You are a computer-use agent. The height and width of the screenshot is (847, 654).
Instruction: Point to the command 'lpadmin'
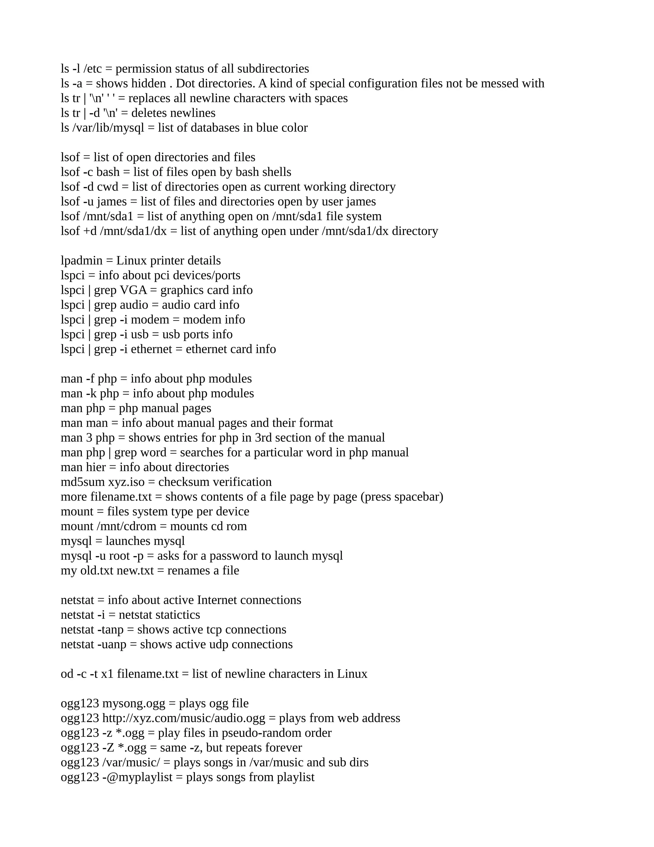coord(81,260)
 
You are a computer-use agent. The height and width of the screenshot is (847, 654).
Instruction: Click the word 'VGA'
coord(133,290)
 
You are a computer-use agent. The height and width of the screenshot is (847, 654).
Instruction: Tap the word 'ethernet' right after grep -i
coord(151,349)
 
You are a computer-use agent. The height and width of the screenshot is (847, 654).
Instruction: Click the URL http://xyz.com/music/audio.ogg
coord(184,718)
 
